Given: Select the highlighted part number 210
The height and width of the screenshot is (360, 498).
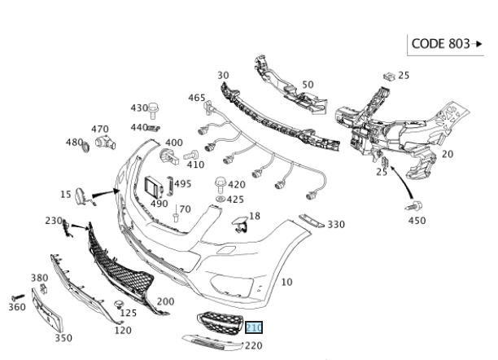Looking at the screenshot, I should point(255,328).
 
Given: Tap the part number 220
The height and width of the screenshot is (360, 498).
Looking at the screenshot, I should point(253,345).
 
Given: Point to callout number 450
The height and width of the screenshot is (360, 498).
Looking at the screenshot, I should point(416,220).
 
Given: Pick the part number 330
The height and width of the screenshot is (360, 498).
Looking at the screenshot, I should point(335,225).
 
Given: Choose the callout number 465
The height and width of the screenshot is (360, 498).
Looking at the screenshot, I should point(197,98).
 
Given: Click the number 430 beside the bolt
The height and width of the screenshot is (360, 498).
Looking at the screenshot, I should point(139,108).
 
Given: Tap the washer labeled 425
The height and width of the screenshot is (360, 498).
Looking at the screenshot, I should point(220,199).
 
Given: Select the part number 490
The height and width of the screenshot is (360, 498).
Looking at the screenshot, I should point(159,203).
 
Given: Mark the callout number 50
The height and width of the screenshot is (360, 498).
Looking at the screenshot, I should point(308,84).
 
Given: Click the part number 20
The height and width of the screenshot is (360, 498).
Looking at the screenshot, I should point(447,153).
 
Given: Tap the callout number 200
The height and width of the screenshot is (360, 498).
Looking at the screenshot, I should point(165,301).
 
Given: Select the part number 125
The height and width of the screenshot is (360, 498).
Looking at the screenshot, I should point(127,313).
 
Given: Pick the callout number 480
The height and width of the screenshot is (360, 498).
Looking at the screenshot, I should point(74,143).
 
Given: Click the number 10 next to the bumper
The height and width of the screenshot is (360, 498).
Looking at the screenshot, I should point(286,283).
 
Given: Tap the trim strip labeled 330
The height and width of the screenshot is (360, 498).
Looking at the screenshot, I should point(311,221).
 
